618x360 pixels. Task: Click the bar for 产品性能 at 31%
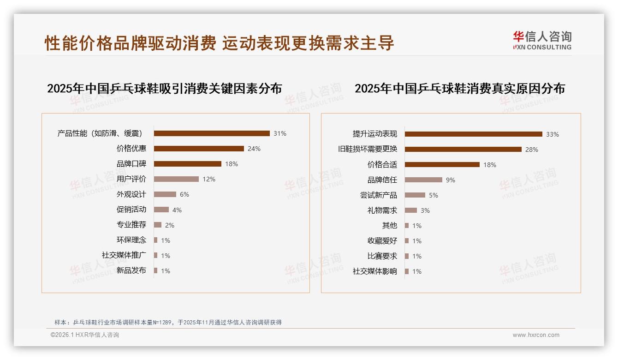pyautogui.click(x=212, y=133)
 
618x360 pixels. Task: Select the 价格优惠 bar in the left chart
pyautogui.click(x=199, y=149)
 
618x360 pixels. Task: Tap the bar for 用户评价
pyautogui.click(x=176, y=179)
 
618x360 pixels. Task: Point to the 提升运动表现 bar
pyautogui.click(x=473, y=134)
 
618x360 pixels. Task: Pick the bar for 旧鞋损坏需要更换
pyautogui.click(x=463, y=150)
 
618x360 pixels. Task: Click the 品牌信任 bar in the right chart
pyautogui.click(x=423, y=180)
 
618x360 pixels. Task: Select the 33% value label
pyautogui.click(x=552, y=134)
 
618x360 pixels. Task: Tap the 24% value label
pyautogui.click(x=254, y=149)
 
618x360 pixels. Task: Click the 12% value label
pyautogui.click(x=209, y=179)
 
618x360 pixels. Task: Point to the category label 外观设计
pyautogui.click(x=131, y=194)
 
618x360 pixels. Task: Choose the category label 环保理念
pyautogui.click(x=131, y=240)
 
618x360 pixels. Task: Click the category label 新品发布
pyautogui.click(x=131, y=270)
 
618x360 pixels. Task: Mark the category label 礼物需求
pyautogui.click(x=382, y=210)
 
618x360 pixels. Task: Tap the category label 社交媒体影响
pyautogui.click(x=375, y=271)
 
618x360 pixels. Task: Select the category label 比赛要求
pyautogui.click(x=382, y=256)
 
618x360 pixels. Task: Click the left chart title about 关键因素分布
pyautogui.click(x=164, y=89)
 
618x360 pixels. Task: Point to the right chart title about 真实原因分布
pyautogui.click(x=459, y=89)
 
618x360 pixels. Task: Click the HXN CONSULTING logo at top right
pyautogui.click(x=542, y=41)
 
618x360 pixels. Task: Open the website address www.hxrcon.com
pyautogui.click(x=536, y=335)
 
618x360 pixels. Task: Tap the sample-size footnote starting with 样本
pyautogui.click(x=168, y=323)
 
